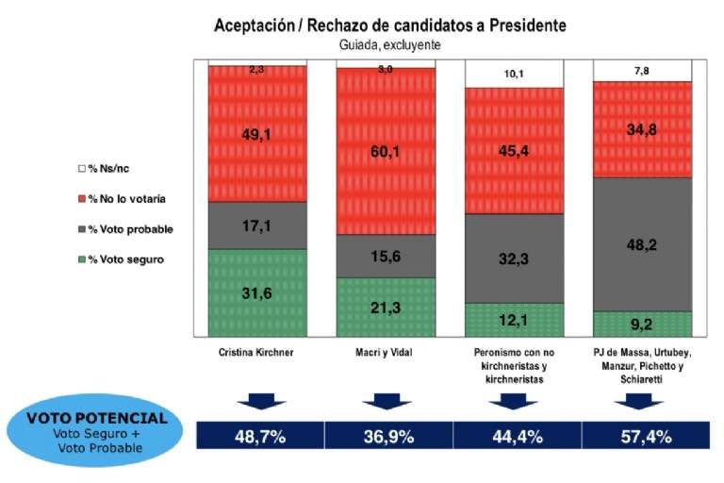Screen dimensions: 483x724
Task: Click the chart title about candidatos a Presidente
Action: coord(390,25)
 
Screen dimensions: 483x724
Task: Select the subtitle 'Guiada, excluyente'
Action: coord(390,44)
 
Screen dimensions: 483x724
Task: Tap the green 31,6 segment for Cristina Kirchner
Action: coord(257,291)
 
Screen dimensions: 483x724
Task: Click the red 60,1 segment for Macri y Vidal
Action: coord(386,151)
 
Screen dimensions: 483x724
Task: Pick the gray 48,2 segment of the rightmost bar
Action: coord(643,243)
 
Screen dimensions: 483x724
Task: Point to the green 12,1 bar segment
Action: coord(514,319)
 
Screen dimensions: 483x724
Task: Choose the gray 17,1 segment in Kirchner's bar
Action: coord(257,225)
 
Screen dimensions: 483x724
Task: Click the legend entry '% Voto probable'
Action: coord(123,229)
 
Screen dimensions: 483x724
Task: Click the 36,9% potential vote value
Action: coord(387,436)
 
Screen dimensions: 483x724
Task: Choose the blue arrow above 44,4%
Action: coord(514,402)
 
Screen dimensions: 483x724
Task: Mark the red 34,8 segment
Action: coord(643,128)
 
